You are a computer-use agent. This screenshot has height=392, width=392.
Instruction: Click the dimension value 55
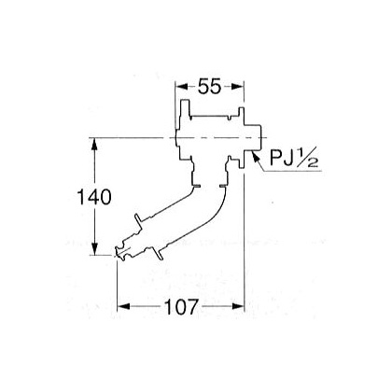(x=210, y=86)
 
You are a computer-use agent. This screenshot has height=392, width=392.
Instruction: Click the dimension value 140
(x=94, y=197)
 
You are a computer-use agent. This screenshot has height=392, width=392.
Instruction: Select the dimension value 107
(x=181, y=307)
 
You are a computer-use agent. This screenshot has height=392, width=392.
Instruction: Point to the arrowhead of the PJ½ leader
(x=255, y=155)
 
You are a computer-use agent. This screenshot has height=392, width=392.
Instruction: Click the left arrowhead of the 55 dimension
(x=182, y=87)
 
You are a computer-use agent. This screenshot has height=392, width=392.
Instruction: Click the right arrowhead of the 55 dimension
(x=237, y=87)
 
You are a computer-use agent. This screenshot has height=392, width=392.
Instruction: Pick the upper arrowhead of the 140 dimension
(x=94, y=144)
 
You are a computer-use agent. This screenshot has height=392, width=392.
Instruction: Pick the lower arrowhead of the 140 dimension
(x=94, y=249)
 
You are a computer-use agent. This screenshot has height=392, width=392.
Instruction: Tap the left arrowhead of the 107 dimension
(x=123, y=307)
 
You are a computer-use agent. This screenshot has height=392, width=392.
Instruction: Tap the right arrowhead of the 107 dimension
(x=238, y=307)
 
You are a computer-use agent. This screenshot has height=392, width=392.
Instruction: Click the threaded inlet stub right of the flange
(x=253, y=137)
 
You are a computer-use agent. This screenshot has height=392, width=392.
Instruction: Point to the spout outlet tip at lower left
(x=119, y=252)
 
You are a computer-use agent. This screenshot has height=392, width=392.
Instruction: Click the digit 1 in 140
(x=80, y=197)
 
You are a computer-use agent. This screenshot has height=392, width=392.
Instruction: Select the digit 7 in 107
(x=192, y=307)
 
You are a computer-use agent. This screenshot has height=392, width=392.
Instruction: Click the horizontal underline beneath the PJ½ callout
(x=293, y=171)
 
